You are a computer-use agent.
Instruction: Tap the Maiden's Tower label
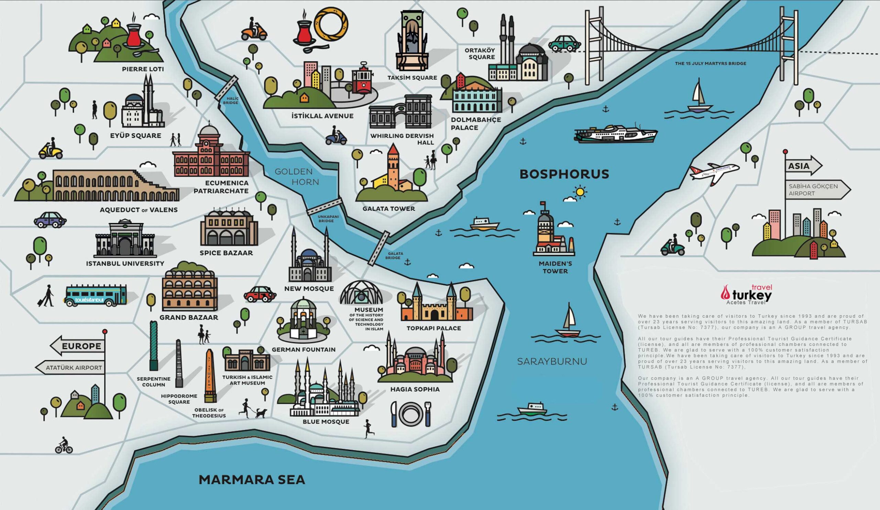pos(555,267)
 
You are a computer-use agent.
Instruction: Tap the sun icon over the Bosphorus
pos(580,192)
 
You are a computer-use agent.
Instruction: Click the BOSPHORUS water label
pos(564,174)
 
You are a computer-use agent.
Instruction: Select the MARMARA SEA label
pos(252,480)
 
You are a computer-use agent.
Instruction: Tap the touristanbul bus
pos(95,295)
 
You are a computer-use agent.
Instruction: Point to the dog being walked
pos(261,413)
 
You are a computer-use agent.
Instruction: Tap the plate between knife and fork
pos(410,414)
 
